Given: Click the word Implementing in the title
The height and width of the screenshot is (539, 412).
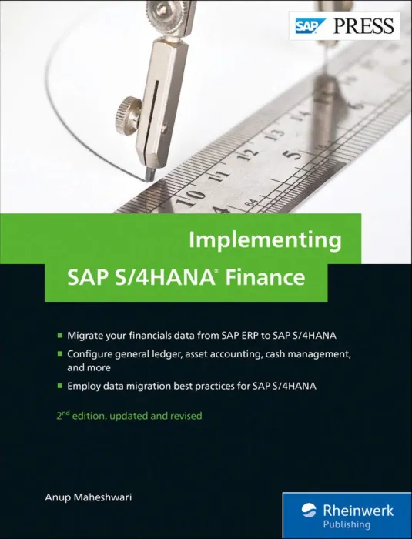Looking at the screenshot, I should (265, 239).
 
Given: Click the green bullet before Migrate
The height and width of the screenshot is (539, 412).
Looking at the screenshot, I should (60, 336).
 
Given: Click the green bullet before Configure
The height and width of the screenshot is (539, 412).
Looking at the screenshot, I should (60, 354).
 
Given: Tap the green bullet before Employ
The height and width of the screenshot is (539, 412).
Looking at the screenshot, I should (60, 387).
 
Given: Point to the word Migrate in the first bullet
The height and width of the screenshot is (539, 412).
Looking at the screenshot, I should (86, 336).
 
